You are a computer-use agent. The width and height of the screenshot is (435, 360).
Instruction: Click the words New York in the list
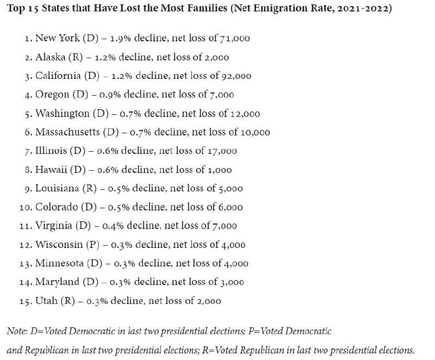[x=58, y=38]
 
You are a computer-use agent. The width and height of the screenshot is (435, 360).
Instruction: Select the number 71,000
[x=235, y=38]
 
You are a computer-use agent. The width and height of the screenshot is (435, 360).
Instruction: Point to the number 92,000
[x=237, y=76]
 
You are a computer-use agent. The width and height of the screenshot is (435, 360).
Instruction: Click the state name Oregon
[x=52, y=95]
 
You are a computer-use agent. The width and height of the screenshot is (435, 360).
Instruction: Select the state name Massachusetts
[x=67, y=132]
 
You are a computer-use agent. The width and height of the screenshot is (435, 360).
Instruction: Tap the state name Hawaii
[x=51, y=170]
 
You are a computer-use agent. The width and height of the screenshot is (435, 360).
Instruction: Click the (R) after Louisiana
[x=89, y=188]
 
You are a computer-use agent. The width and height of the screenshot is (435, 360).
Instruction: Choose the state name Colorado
[x=57, y=207]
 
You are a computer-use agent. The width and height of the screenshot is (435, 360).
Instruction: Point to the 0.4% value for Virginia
[x=113, y=226]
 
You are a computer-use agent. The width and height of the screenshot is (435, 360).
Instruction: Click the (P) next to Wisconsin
[x=92, y=245]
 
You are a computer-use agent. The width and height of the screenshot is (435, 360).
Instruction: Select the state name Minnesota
[x=59, y=263]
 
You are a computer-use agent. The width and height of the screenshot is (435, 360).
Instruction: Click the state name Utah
[x=46, y=301]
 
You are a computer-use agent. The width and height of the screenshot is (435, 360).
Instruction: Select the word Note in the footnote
[x=16, y=331]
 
